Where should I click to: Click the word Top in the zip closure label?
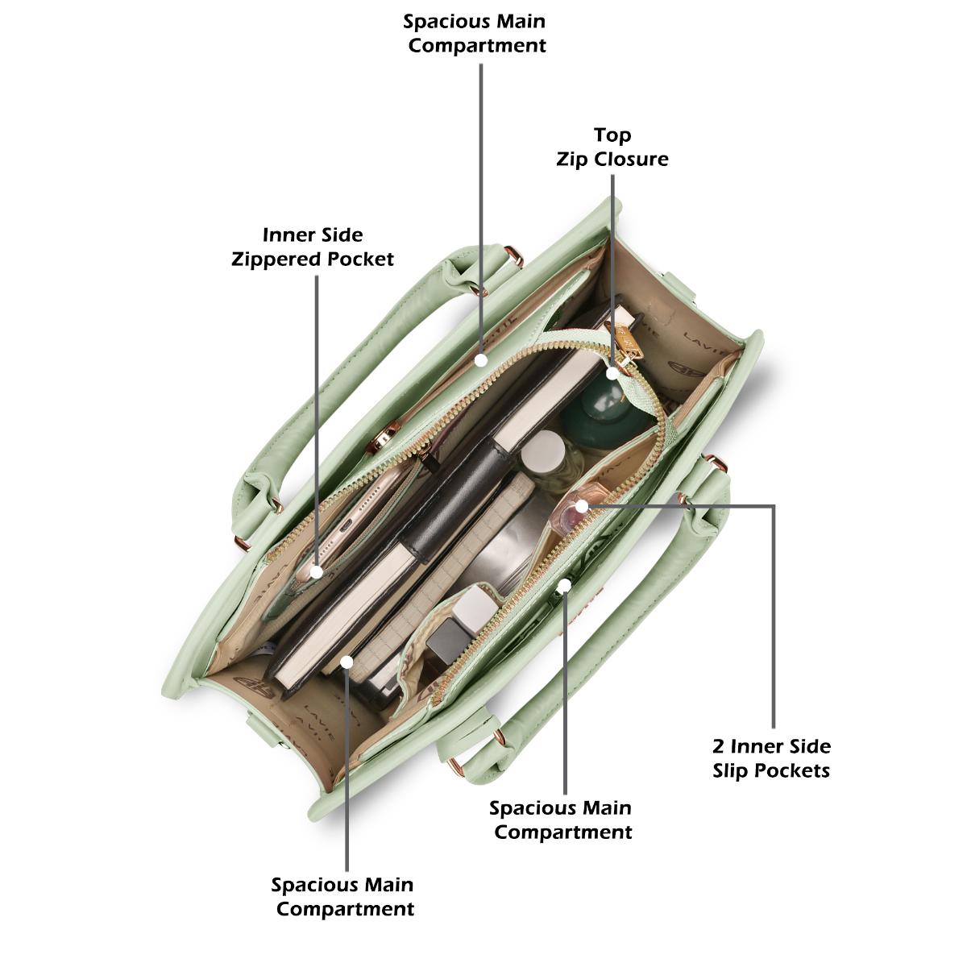tap(612, 135)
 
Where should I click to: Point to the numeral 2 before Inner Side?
tap(718, 746)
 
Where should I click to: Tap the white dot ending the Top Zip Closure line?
tap(612, 373)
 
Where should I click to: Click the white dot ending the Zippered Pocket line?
tap(317, 571)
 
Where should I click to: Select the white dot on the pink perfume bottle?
tap(582, 506)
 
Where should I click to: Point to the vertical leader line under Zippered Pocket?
tap(317, 422)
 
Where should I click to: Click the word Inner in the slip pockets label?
tap(757, 746)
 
